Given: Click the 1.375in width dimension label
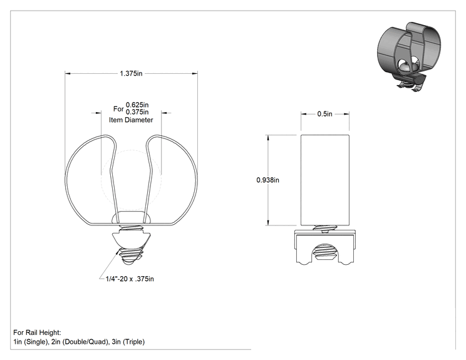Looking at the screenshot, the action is pyautogui.click(x=131, y=73).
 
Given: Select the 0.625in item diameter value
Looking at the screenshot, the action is pyautogui.click(x=137, y=105).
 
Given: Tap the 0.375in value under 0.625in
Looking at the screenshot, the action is pyautogui.click(x=137, y=112).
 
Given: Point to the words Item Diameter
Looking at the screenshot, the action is pyautogui.click(x=131, y=120).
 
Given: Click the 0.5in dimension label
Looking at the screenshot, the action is pyautogui.click(x=325, y=114).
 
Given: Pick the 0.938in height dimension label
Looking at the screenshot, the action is pyautogui.click(x=268, y=180).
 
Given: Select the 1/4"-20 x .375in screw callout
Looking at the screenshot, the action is pyautogui.click(x=130, y=279).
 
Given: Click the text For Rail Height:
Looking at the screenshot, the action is pyautogui.click(x=37, y=332).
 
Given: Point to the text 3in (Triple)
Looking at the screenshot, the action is pyautogui.click(x=128, y=342).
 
